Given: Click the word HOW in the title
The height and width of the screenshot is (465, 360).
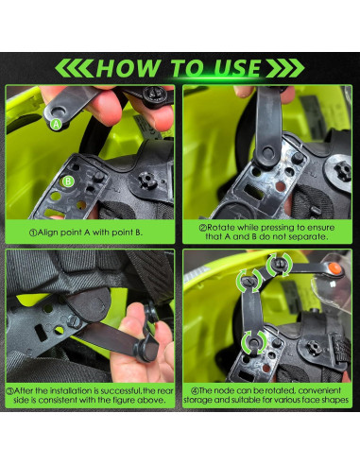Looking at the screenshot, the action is (129, 68).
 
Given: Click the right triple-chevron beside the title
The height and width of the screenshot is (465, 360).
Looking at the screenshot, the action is (285, 68).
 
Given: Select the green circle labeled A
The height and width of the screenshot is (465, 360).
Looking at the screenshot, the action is (56, 124).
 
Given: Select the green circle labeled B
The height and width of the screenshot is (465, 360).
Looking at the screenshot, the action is (68, 181).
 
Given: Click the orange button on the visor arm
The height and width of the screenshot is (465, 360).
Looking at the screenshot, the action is (334, 268).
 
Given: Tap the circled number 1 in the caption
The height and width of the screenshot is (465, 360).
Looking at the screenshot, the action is (33, 232).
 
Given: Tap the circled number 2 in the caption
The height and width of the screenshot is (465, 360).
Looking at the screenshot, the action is (203, 228).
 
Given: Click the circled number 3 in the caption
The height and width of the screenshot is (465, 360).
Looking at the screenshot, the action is (10, 391).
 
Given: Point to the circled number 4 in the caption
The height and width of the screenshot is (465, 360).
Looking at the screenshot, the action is (195, 391).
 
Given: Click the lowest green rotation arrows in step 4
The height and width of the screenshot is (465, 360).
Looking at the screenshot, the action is (254, 342).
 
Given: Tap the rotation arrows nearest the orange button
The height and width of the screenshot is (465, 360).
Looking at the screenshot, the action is (279, 265).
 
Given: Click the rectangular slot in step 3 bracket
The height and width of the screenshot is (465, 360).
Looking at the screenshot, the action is (41, 333).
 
